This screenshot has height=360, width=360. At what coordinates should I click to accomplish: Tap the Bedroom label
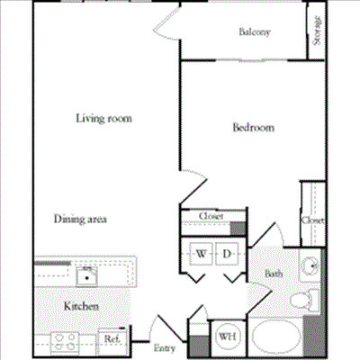click(x=253, y=128)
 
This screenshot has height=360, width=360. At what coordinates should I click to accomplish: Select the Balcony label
click(x=255, y=33)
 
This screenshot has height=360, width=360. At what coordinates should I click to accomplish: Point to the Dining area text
click(x=81, y=219)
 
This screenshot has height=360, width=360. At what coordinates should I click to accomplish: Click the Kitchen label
click(x=81, y=307)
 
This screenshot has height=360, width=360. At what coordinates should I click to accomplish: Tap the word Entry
click(x=164, y=347)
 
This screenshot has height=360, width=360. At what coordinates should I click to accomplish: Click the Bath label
click(x=273, y=273)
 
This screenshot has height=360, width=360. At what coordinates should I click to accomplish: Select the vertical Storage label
click(x=318, y=31)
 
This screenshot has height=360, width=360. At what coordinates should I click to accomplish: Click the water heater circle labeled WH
click(x=226, y=338)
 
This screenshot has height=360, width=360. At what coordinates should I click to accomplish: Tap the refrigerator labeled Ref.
click(x=112, y=338)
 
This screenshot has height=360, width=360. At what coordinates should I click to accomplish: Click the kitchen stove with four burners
click(x=65, y=340)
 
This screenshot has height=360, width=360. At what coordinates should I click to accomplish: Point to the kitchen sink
click(x=86, y=272)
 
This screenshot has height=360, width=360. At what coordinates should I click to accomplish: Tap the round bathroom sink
click(x=310, y=265)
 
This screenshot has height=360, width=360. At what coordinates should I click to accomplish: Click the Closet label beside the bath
click(x=312, y=220)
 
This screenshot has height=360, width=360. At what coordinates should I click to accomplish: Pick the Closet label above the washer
click(x=211, y=216)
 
